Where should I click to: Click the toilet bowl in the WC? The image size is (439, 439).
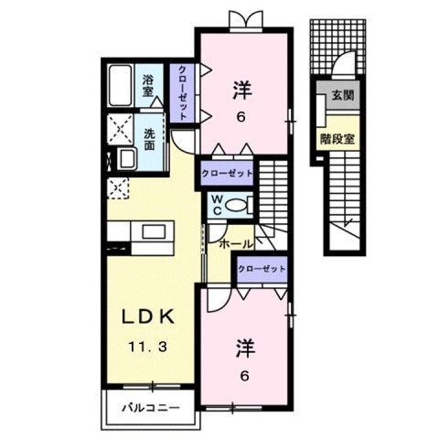[x=240, y=204]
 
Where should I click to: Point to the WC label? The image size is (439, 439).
[x=219, y=204]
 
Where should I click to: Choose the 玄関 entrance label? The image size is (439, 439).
[x=341, y=94]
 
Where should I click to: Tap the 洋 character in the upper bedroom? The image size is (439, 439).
[x=242, y=90]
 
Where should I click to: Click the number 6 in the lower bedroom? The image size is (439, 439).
[x=245, y=374]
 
